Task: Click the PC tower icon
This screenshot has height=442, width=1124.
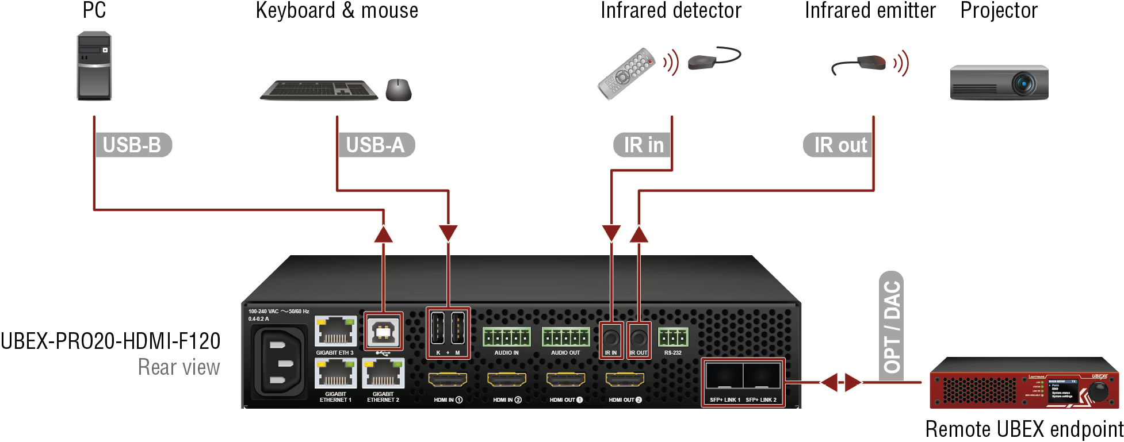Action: (94, 66)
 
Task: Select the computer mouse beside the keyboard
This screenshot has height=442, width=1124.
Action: (399, 90)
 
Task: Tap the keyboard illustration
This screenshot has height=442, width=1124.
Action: (319, 90)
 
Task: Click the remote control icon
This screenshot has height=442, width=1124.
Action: (626, 74)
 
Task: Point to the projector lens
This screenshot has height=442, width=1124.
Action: (1024, 84)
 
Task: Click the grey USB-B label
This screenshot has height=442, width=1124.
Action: (132, 145)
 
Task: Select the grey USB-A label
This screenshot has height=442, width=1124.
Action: (376, 145)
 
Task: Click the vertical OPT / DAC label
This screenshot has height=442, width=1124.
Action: (892, 326)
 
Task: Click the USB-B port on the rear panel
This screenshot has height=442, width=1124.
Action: (383, 332)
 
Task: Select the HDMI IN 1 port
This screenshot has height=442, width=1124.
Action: (448, 379)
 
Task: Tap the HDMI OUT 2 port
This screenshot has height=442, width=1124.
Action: (625, 379)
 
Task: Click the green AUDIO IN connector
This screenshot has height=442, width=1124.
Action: (506, 337)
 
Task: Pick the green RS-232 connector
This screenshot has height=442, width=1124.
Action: (672, 337)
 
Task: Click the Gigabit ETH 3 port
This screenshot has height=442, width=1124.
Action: (335, 332)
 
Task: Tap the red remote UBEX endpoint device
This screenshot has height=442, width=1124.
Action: (1024, 383)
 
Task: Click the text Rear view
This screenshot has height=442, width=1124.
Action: (179, 367)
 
